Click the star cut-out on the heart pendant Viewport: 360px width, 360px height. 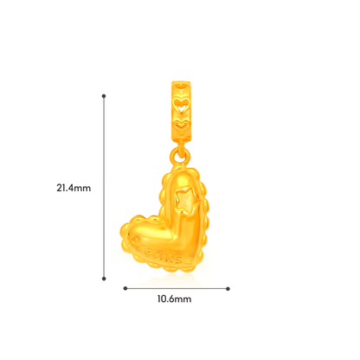(185, 201)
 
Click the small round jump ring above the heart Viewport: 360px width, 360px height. (180, 156)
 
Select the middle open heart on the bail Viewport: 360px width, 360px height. (181, 104)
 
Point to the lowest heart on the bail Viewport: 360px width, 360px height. (181, 125)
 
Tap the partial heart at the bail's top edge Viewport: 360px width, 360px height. (181, 86)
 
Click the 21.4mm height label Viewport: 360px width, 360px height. (74, 188)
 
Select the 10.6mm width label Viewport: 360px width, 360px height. (174, 299)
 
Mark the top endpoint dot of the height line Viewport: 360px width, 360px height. (104, 96)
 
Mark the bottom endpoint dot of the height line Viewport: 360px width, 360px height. (104, 279)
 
